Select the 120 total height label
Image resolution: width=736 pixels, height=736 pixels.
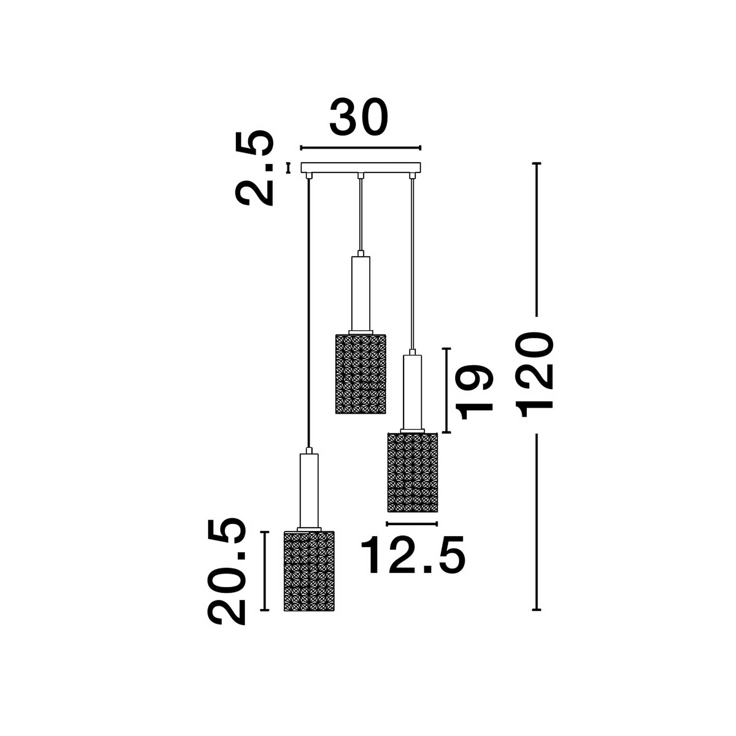[534, 375]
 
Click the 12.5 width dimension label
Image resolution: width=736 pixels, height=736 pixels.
[413, 555]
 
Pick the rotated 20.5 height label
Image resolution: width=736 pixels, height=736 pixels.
[227, 571]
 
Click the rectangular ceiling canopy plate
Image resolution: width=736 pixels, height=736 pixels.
[361, 168]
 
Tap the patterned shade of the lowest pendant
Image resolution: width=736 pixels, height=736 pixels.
[309, 571]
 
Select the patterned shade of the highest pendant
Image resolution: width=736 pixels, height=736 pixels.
[361, 374]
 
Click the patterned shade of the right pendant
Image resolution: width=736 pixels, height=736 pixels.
[413, 472]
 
